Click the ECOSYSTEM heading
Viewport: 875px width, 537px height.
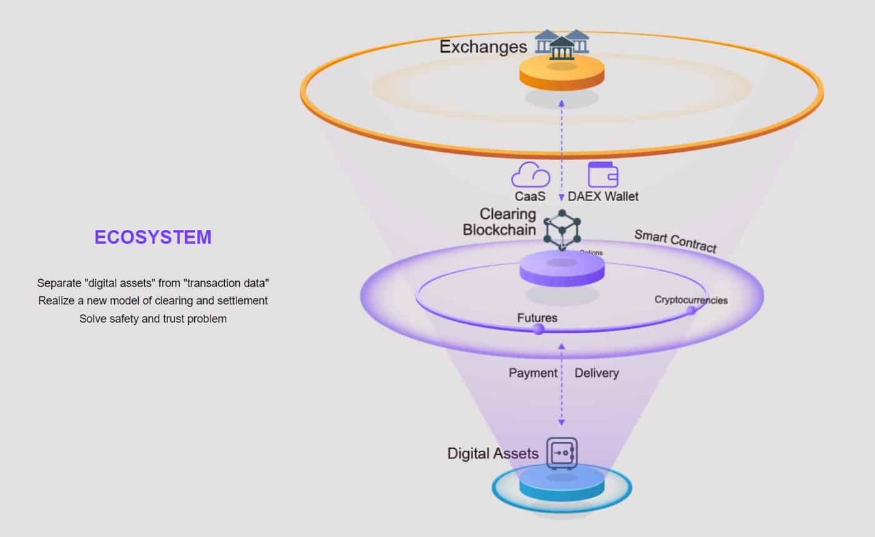point(153,237)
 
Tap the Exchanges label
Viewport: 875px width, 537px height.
point(483,47)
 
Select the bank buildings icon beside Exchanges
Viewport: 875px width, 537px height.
point(562,44)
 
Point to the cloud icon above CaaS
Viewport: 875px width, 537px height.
point(530,175)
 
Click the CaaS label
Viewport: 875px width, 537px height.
point(530,196)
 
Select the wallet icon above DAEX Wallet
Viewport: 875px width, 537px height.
point(603,174)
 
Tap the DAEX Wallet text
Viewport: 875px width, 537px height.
point(603,196)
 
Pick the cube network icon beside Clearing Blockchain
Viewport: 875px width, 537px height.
point(562,228)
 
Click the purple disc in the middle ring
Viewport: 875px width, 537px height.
point(562,269)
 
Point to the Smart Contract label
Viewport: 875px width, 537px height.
point(675,241)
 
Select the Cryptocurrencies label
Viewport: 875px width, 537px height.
point(690,300)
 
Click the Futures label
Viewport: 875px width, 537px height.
point(537,317)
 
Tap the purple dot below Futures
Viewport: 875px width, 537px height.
point(539,329)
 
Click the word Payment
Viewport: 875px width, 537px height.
point(533,373)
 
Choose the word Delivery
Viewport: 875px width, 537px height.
point(596,373)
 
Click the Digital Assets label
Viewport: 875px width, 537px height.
point(493,454)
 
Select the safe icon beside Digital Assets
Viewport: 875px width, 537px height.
point(562,453)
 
